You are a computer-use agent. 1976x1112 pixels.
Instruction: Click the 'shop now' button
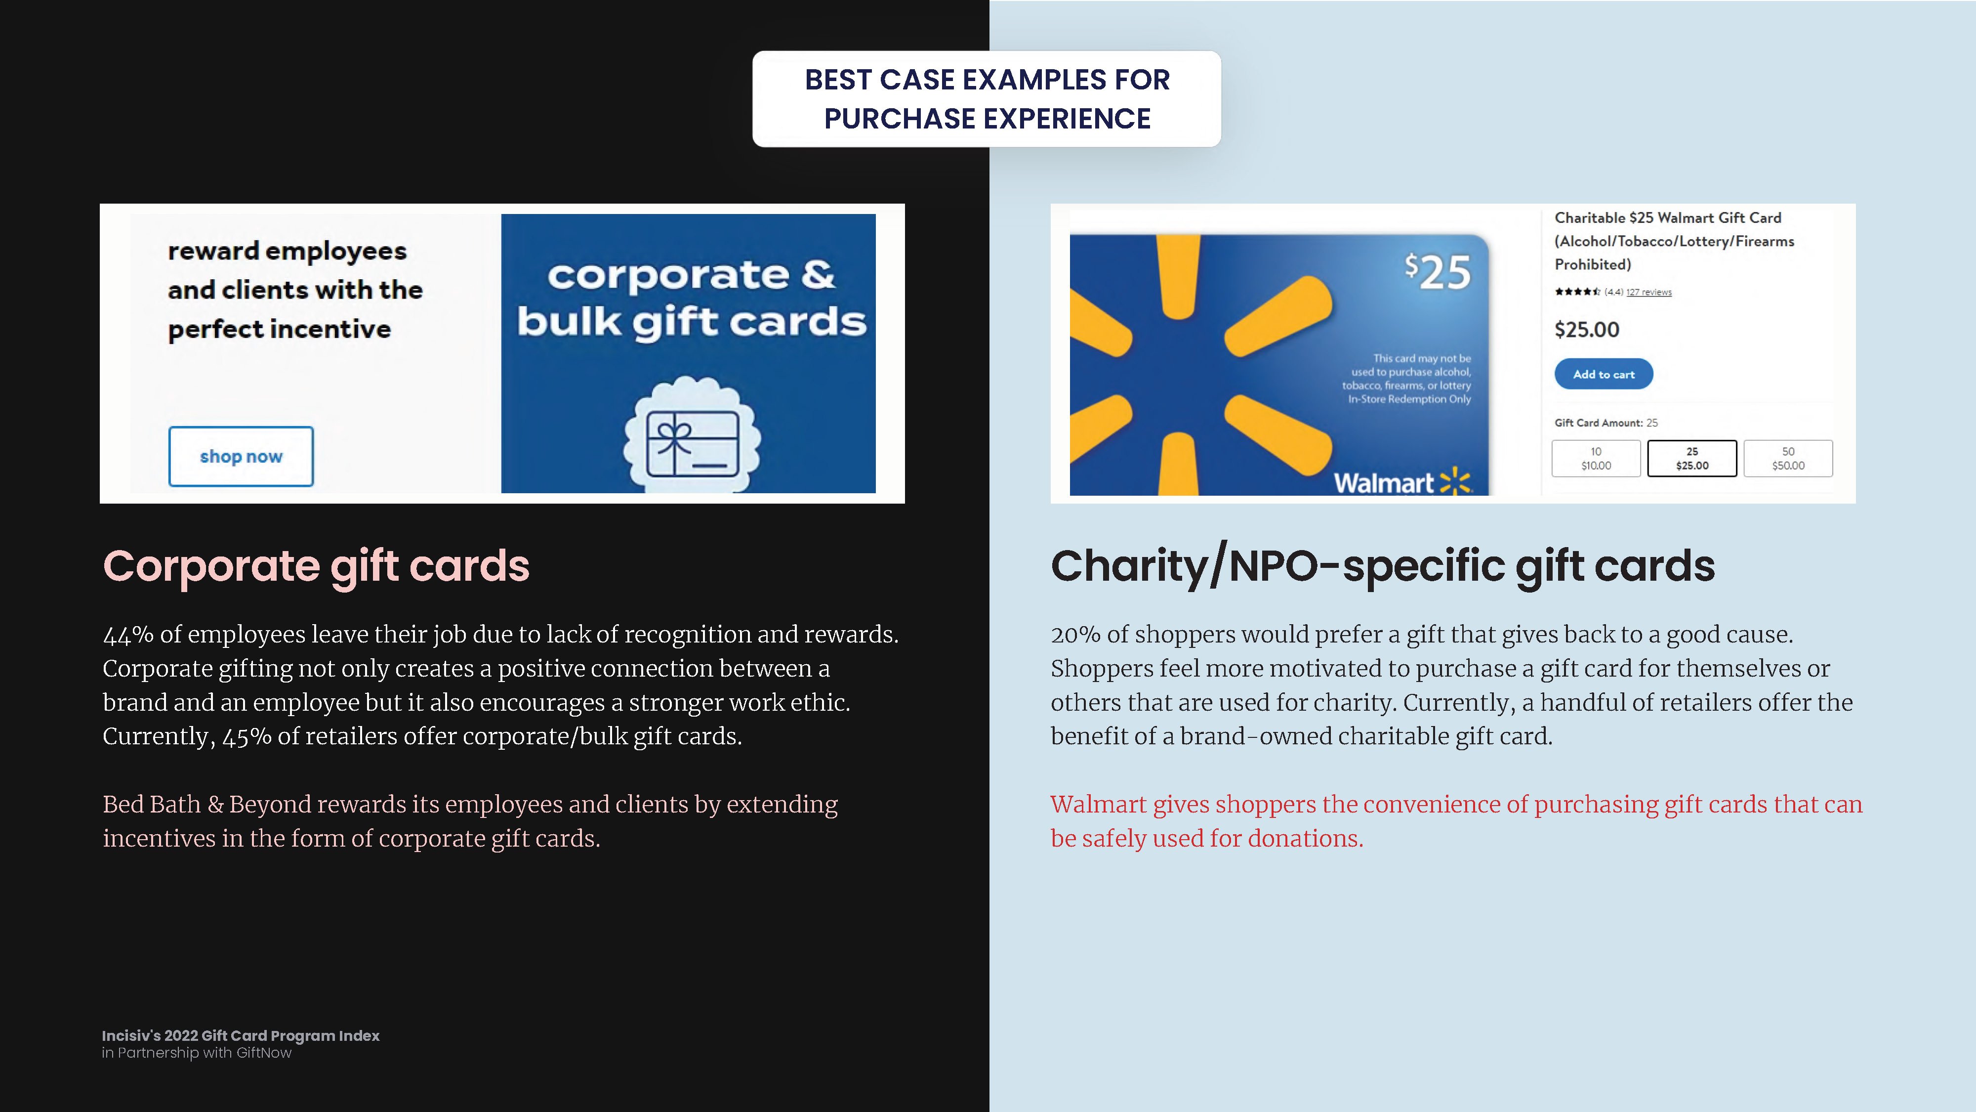(x=241, y=457)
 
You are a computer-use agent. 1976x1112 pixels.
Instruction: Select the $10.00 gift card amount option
(x=1596, y=458)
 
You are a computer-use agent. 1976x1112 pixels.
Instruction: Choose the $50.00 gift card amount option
(x=1788, y=458)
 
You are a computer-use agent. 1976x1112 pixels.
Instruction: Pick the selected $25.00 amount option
(x=1692, y=458)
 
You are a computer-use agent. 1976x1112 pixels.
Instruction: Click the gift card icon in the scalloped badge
(x=692, y=444)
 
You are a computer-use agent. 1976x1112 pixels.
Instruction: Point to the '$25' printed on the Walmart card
(x=1438, y=272)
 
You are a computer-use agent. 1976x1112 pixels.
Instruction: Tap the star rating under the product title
(x=1577, y=292)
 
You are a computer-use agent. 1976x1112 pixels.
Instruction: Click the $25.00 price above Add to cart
(x=1586, y=330)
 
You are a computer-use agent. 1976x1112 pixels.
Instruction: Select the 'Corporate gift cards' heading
(x=316, y=566)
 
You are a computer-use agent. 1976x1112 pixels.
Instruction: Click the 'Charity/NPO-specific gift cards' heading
(x=1382, y=566)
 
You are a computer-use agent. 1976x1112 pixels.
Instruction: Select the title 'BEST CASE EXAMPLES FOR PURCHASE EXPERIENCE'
(x=987, y=99)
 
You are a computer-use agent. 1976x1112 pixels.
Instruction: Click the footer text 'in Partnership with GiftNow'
(x=197, y=1053)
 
